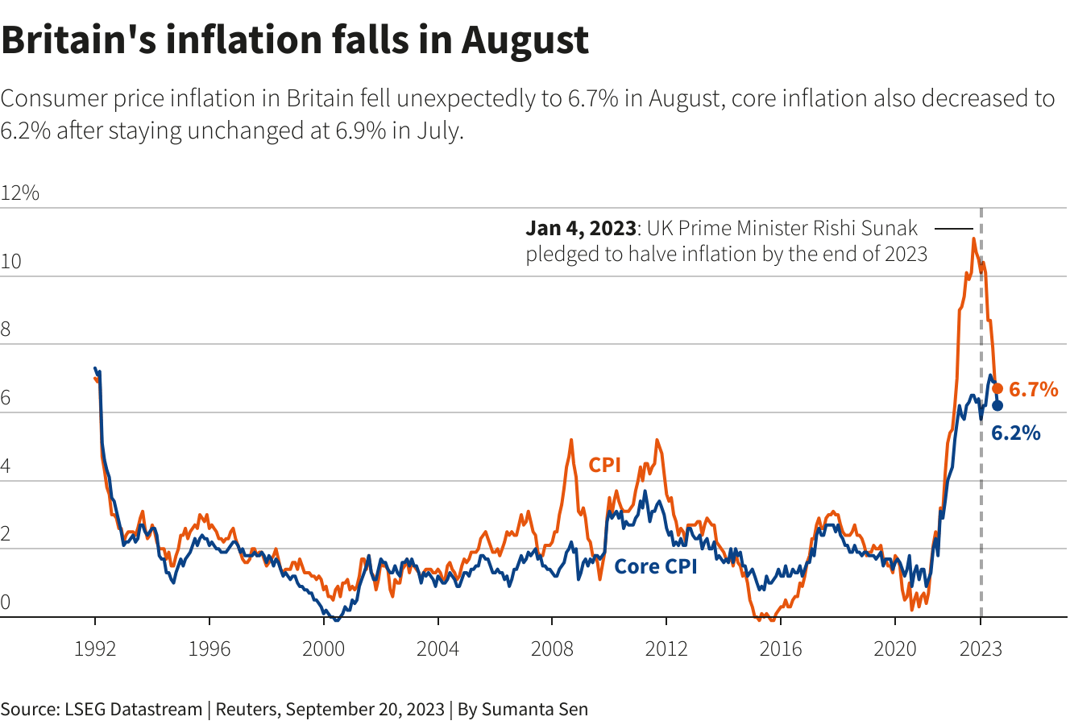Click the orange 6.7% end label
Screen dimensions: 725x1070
(x=1033, y=390)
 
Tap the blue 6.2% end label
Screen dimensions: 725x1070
(x=1015, y=433)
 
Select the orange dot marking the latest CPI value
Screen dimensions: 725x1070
(x=997, y=388)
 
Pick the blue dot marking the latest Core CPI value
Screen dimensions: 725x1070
(x=997, y=405)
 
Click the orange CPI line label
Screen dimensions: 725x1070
(x=604, y=465)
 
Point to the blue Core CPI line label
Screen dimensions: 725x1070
(x=655, y=566)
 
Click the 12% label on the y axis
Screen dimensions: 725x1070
(x=20, y=193)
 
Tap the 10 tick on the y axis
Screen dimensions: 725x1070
(x=11, y=263)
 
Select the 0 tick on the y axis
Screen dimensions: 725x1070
(x=6, y=603)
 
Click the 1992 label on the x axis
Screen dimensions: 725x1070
(x=95, y=648)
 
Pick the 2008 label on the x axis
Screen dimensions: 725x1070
(x=552, y=648)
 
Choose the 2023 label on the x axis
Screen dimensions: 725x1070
(x=981, y=648)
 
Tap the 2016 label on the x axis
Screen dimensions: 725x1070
(x=781, y=648)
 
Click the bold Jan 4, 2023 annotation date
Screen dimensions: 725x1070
(x=581, y=228)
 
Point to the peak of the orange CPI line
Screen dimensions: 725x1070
(x=974, y=238)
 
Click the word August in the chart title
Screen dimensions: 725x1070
(x=525, y=40)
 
